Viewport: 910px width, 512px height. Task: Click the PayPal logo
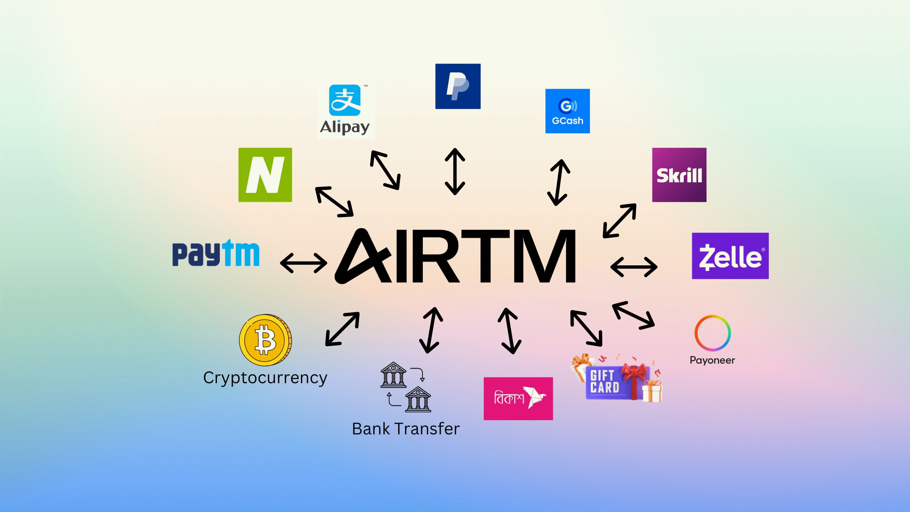point(458,86)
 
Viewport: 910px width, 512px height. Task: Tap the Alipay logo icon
point(345,100)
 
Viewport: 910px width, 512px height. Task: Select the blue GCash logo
point(568,111)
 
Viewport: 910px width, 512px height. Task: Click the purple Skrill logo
point(679,175)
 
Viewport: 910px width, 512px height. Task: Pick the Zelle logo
point(730,256)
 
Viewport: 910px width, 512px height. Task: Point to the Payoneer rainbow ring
point(713,333)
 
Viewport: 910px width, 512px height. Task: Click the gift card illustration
point(617,380)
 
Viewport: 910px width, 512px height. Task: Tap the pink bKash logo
point(518,399)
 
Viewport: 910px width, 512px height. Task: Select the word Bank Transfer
point(405,429)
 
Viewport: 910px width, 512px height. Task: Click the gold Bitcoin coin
point(265,340)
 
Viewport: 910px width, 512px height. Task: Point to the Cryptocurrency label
point(265,378)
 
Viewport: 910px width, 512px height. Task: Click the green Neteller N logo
point(265,175)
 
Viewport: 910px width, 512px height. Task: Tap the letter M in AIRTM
point(544,256)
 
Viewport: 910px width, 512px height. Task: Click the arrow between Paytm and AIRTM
point(303,263)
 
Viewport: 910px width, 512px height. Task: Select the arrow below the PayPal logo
point(455,171)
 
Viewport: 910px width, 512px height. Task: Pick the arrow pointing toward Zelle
point(634,267)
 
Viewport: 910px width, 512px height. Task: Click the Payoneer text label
point(712,360)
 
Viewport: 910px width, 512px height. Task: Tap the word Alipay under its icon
point(344,127)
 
